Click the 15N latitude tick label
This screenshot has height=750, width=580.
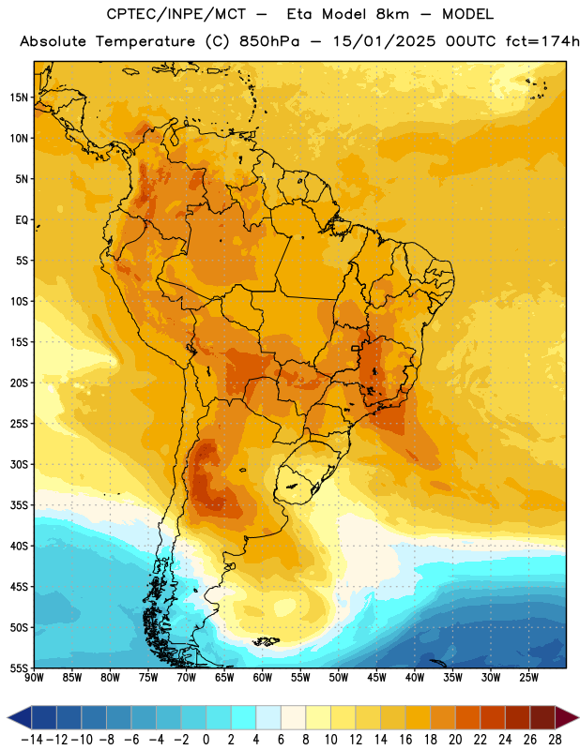point(19,97)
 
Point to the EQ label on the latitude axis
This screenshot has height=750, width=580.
point(22,220)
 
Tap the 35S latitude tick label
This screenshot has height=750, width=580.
point(19,505)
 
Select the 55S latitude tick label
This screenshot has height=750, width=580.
point(19,667)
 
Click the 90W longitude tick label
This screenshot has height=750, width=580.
point(34,678)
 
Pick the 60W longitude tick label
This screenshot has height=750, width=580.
point(263,678)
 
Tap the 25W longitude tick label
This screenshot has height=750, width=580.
point(528,678)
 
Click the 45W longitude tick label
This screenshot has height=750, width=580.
point(376,678)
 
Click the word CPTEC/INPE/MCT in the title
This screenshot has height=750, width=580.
point(176,14)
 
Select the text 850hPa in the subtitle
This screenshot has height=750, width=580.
point(269,41)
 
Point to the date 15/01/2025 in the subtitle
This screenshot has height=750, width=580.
point(384,41)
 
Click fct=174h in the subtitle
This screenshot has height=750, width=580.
point(542,41)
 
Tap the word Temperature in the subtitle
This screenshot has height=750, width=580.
point(145,41)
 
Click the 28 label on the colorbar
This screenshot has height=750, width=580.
point(555,740)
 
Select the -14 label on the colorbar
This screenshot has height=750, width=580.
point(32,740)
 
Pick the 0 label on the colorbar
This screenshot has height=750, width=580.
point(206,740)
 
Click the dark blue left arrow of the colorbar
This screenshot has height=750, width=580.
point(20,717)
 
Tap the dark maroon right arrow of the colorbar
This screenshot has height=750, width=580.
point(567,717)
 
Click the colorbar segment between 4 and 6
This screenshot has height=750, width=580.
point(268,717)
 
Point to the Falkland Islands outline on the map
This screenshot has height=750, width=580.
point(266,641)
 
